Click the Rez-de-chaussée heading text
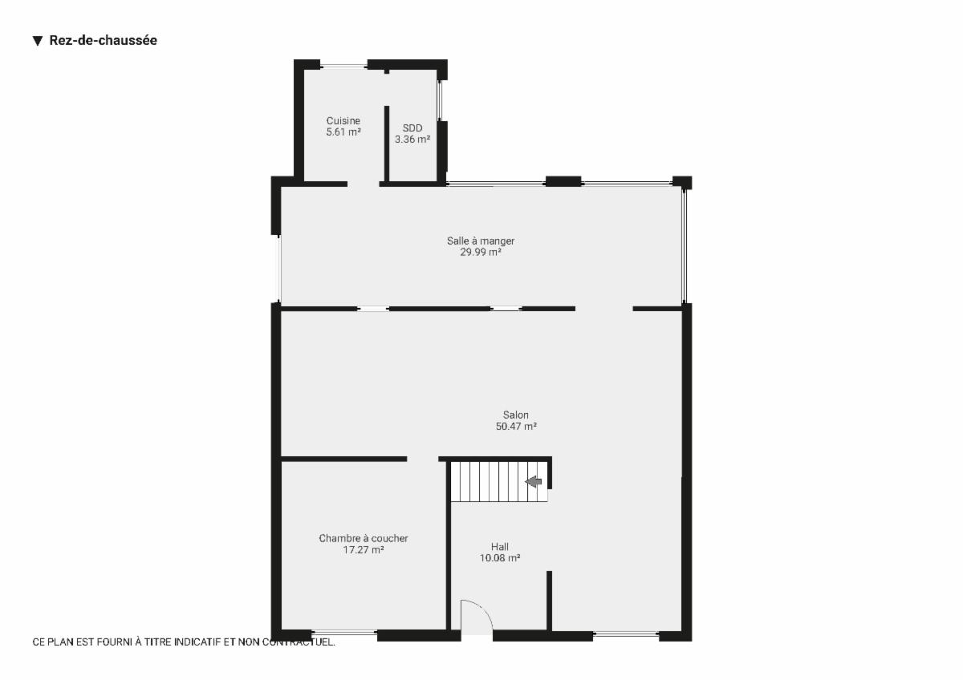[x=104, y=40]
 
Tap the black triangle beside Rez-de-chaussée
[x=38, y=41]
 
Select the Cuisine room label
[x=343, y=121]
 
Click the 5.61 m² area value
[x=343, y=132]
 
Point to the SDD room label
[x=412, y=128]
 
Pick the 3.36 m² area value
[x=412, y=140]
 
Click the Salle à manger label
[x=481, y=241]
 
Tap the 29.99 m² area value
[x=481, y=252]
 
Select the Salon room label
[x=516, y=415]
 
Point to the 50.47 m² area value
[x=516, y=426]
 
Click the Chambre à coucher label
[x=364, y=538]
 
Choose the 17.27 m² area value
[x=364, y=549]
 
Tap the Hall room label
[x=499, y=547]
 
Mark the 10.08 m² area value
[x=499, y=558]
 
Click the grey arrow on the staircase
[x=534, y=482]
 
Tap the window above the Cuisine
[x=343, y=66]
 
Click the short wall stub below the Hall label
[x=549, y=601]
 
